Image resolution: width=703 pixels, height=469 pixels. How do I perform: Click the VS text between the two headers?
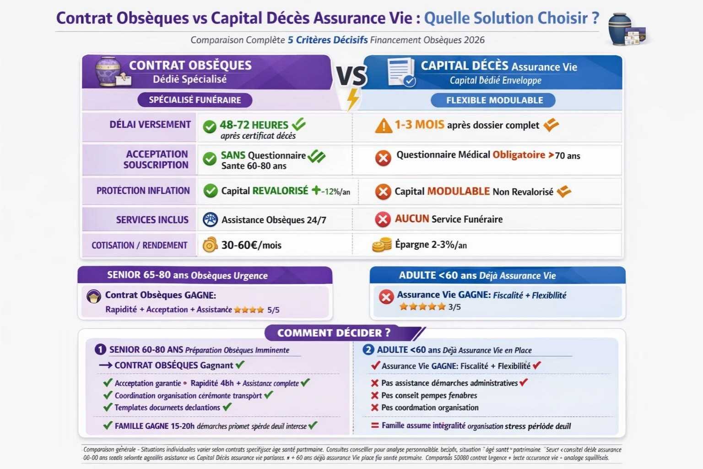coord(351,76)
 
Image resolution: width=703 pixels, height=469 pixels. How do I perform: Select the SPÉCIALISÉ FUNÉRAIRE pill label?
coord(195,100)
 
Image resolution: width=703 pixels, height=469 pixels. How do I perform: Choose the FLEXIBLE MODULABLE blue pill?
coord(494,100)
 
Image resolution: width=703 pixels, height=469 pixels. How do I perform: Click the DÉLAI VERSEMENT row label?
coord(150,125)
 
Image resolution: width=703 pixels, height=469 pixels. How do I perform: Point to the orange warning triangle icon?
coord(383,125)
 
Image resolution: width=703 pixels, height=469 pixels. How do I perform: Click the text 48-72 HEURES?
coord(254,125)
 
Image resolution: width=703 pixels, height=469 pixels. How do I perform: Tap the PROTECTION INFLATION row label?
coord(143,191)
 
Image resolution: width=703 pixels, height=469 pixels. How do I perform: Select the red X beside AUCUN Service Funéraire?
coord(383,219)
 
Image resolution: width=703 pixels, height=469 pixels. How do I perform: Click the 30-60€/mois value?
coord(251,245)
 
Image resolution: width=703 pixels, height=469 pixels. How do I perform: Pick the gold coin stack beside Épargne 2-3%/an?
coord(382,245)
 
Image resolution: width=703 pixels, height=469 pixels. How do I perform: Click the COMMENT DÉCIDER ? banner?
coord(334,333)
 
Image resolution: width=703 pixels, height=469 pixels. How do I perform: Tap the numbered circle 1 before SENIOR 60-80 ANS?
coord(100,349)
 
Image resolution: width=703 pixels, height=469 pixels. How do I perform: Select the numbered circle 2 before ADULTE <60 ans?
coord(368,350)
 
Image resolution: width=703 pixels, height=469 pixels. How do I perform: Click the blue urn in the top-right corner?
coord(620,28)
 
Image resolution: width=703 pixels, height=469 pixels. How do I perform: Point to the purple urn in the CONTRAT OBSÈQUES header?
coord(108,71)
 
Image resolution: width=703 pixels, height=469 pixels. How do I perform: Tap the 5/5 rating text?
coord(273,310)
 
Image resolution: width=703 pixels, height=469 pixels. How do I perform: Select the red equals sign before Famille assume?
coord(374,425)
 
